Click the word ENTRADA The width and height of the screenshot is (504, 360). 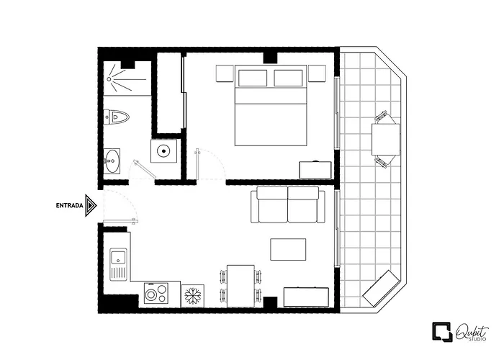pyautogui.click(x=69, y=205)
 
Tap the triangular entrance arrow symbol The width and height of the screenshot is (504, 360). pyautogui.click(x=91, y=205)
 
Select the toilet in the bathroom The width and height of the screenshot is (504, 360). pyautogui.click(x=116, y=117)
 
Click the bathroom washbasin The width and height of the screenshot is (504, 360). pyautogui.click(x=112, y=161)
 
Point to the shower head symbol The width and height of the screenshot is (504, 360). pyautogui.click(x=109, y=78)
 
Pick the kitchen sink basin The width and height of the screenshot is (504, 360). pyautogui.click(x=118, y=257)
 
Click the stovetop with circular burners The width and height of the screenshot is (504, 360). pyautogui.click(x=156, y=293)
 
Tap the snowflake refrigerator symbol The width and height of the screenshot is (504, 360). pyautogui.click(x=192, y=296)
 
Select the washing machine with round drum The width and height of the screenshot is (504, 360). pyautogui.click(x=164, y=150)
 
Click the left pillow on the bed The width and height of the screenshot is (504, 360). pyautogui.click(x=253, y=78)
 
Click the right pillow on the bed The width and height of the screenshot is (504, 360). pyautogui.click(x=288, y=78)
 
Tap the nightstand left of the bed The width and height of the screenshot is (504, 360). pyautogui.click(x=225, y=73)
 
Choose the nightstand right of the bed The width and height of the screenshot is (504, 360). pyautogui.click(x=317, y=73)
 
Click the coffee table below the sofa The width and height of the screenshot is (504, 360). pyautogui.click(x=288, y=249)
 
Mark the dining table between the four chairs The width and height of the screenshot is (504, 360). pyautogui.click(x=240, y=286)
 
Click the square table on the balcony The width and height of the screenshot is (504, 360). pyautogui.click(x=386, y=140)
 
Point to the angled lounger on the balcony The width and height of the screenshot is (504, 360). pyautogui.click(x=381, y=289)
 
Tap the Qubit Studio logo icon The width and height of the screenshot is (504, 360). pyautogui.click(x=442, y=332)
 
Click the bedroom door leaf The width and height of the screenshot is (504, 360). pyautogui.click(x=197, y=164)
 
